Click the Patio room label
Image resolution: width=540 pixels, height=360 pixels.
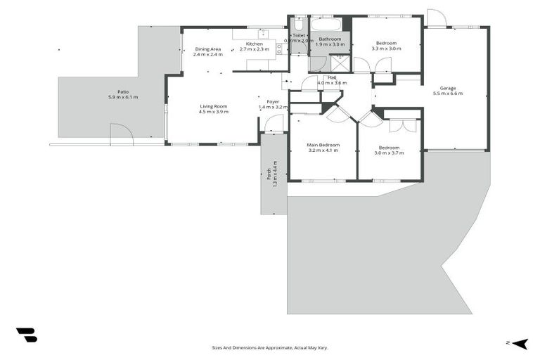point(122,91)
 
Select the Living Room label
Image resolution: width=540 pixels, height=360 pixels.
point(213,106)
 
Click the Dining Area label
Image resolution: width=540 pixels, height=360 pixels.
point(207,49)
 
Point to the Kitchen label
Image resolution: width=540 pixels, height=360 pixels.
point(254,44)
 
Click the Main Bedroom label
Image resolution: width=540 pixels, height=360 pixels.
point(323,145)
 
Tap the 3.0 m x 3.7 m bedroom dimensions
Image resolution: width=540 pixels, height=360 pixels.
point(388,153)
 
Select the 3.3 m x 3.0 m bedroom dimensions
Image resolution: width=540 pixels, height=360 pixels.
point(386,49)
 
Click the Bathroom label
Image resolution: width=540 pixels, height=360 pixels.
point(330,39)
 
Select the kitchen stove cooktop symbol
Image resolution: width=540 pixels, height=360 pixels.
point(279,49)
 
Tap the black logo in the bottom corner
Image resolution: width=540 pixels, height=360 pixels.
point(26,335)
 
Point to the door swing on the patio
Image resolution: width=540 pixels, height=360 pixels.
point(120,134)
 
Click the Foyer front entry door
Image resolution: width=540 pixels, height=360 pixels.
point(274,124)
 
